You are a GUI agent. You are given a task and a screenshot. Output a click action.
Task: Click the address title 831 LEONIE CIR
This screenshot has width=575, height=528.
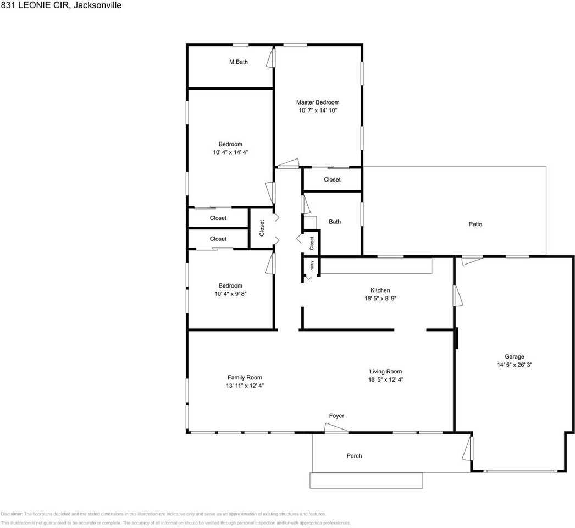point(60,5)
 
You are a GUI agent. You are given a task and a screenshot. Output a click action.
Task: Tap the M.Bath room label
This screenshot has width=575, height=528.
point(238,62)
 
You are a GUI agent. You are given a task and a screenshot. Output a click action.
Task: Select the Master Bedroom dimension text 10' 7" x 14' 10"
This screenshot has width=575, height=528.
point(317,111)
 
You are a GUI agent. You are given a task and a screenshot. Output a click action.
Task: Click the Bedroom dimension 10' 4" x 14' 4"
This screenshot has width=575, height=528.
point(230,153)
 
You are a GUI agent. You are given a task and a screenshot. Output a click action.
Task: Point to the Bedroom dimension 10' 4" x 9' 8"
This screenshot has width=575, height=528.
point(230,294)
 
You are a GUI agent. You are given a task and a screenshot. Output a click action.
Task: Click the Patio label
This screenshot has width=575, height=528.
point(475,224)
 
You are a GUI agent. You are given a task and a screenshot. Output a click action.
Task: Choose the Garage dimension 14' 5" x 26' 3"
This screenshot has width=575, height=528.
point(515,365)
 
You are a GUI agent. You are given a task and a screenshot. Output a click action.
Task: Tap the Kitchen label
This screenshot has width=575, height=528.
point(380,290)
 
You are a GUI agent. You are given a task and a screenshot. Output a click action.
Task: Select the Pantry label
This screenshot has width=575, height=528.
point(312,266)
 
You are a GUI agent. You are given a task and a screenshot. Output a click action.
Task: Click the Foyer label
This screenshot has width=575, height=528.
point(336,416)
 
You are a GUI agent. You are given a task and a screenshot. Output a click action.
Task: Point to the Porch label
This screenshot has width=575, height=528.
point(354,456)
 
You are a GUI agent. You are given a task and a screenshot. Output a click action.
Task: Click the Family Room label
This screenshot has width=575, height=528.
point(245,377)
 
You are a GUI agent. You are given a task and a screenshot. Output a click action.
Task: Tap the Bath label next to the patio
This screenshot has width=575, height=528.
point(334,222)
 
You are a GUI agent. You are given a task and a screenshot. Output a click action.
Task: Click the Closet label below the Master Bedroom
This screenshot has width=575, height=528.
point(332,179)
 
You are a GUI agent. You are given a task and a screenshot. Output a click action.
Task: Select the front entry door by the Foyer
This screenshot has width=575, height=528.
point(336,428)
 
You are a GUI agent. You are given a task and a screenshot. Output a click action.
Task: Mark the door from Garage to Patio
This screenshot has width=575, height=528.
point(472,260)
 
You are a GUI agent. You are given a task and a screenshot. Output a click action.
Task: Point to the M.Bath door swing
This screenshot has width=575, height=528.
point(270,57)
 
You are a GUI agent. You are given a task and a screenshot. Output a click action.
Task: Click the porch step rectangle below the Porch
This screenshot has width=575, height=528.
point(366,481)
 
